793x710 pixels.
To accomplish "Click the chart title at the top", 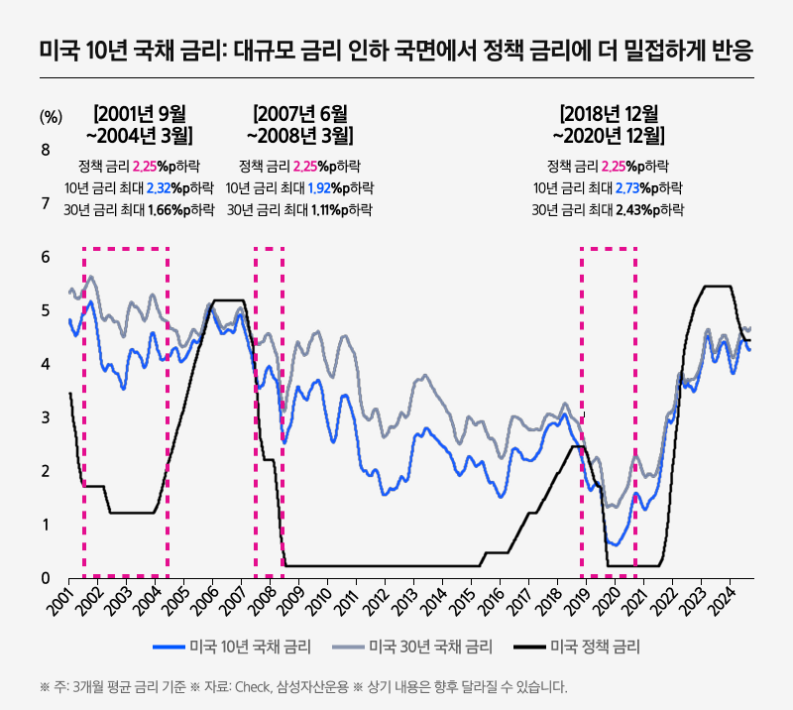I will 396,48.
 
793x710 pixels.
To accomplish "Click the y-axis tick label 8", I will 45,150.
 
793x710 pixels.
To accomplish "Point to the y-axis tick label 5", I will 45,310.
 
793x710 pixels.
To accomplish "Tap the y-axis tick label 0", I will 45,578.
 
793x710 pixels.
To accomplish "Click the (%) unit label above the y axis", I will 50,115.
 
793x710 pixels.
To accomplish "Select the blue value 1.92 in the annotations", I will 306,187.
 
